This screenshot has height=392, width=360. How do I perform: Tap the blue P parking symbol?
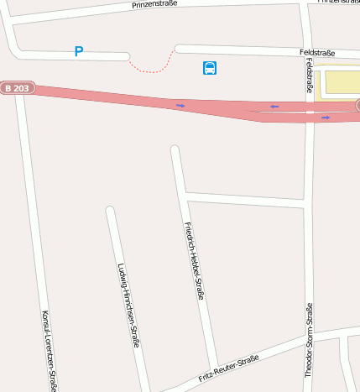pos(79,52)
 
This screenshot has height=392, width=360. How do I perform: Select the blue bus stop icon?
pos(210,68)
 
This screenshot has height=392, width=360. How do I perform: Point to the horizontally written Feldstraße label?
pos(317,52)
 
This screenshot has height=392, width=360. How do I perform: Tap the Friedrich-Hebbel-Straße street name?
pos(194,261)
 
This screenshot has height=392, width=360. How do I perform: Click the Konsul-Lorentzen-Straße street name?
pos(50,350)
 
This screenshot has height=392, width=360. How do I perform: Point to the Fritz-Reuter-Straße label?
pos(229,368)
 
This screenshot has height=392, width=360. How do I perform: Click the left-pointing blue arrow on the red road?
pos(274,107)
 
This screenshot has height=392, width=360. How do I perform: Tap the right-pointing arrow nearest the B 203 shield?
pos(180,106)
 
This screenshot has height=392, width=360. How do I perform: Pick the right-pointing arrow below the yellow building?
pos(326,118)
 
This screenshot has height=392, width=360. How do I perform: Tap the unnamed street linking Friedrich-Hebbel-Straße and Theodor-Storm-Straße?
pos(243,200)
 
